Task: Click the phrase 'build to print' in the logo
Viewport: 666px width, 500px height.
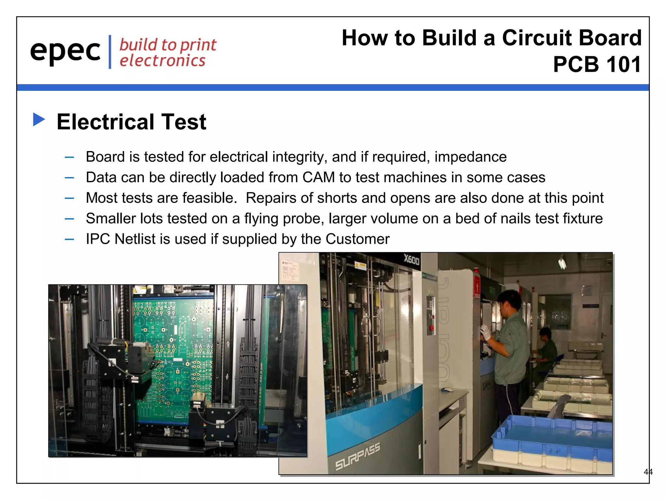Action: pos(167,45)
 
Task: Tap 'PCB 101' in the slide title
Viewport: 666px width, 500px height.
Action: pos(597,64)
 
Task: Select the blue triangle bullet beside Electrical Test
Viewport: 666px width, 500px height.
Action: pos(39,119)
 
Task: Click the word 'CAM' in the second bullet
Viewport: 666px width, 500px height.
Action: pos(318,177)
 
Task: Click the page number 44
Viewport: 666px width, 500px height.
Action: pos(648,472)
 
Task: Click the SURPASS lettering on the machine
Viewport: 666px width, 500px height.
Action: pos(357,456)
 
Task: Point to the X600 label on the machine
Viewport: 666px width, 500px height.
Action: pos(411,259)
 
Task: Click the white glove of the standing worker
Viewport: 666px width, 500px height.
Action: pos(485,332)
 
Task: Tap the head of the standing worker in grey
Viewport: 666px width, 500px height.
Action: pos(509,301)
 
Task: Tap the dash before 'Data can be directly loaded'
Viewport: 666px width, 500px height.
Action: pos(69,178)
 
